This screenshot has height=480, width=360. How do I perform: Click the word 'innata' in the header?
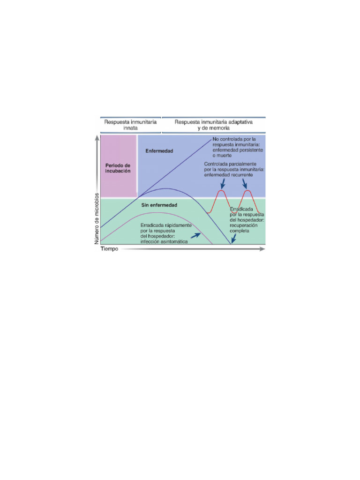(x=130, y=127)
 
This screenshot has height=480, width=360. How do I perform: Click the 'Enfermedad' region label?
(x=159, y=151)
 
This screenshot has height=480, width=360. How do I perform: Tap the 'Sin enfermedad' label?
(x=159, y=205)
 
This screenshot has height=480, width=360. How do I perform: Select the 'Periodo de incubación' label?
(x=118, y=168)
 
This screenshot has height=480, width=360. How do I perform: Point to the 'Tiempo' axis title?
(x=110, y=249)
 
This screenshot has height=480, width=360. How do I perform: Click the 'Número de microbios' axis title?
(x=97, y=217)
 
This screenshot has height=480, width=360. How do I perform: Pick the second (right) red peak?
(x=247, y=191)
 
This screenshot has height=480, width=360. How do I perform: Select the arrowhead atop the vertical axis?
(x=97, y=137)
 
